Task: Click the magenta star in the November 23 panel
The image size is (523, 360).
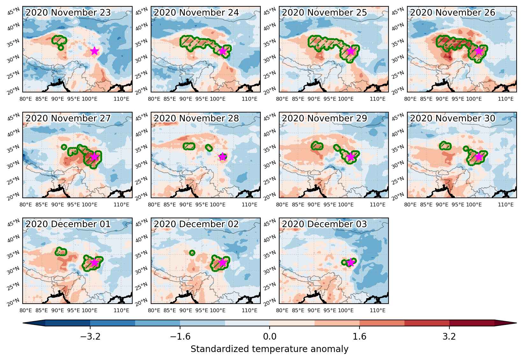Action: (x=94, y=51)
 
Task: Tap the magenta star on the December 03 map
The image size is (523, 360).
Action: (x=351, y=263)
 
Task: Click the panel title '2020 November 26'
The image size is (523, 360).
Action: (x=453, y=13)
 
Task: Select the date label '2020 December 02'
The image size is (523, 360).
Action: (x=196, y=224)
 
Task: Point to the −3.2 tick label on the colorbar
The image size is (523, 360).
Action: (x=90, y=336)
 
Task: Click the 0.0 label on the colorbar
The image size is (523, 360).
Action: (x=270, y=336)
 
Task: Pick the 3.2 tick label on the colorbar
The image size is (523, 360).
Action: (x=449, y=336)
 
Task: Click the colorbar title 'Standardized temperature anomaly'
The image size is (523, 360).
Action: (x=269, y=349)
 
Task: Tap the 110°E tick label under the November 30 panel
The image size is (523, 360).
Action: (x=506, y=205)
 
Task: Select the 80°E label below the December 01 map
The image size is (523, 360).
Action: (x=26, y=311)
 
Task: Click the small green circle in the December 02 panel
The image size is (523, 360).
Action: (x=192, y=253)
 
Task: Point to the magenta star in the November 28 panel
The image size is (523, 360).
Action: (x=222, y=157)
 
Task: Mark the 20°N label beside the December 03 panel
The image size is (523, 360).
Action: (x=270, y=302)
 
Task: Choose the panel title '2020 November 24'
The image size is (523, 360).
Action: (x=196, y=13)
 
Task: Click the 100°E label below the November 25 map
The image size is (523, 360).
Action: (x=346, y=99)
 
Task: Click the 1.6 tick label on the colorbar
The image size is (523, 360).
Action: (x=360, y=336)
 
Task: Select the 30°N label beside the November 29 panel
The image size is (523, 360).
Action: (x=270, y=165)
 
